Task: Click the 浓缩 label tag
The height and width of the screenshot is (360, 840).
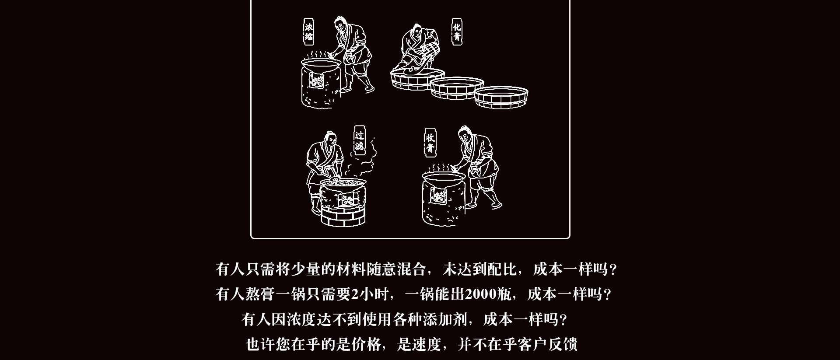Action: (309, 31)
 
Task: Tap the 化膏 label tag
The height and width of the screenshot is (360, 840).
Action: (457, 31)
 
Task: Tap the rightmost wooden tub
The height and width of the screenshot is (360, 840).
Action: (501, 97)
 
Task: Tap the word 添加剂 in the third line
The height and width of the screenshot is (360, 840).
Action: (445, 319)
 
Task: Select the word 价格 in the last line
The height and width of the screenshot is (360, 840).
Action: (367, 344)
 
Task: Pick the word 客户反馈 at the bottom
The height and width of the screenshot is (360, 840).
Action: (547, 344)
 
